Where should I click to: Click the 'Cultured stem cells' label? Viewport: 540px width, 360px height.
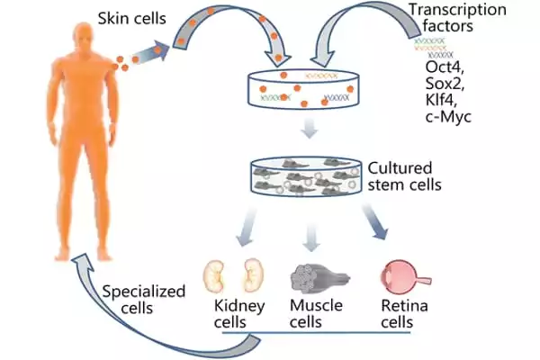(402, 177)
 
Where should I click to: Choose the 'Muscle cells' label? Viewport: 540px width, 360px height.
(314, 314)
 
